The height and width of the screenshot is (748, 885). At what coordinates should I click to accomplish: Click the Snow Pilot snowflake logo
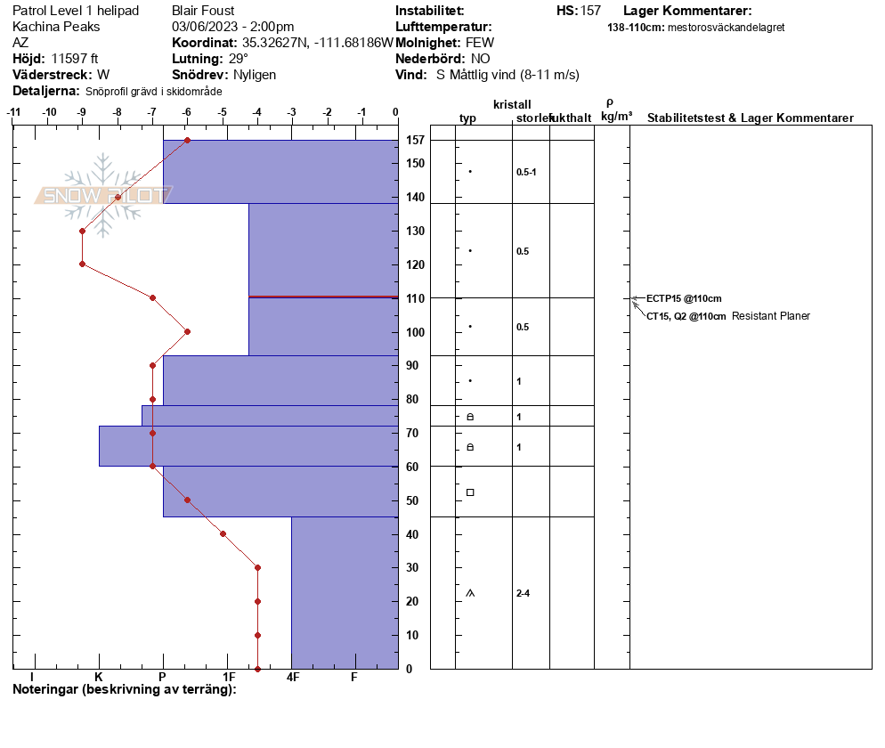[x=102, y=195]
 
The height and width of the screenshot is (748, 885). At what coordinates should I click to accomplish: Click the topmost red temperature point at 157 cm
[x=187, y=140]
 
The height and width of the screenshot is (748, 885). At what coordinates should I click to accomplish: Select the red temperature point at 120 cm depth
[x=83, y=264]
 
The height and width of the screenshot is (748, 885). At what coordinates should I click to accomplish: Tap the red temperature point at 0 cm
[x=258, y=669]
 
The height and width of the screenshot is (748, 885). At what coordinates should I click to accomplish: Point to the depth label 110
[x=416, y=298]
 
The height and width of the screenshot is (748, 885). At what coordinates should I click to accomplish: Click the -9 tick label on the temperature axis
[x=82, y=112]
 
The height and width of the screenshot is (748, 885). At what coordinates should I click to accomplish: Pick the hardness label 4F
[x=293, y=677]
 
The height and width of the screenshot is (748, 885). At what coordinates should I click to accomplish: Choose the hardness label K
[x=99, y=677]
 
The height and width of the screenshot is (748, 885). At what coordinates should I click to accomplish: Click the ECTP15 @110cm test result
[x=684, y=298]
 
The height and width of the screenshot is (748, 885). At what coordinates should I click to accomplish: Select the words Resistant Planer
[x=770, y=316]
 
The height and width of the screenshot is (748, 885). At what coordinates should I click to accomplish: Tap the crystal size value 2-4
[x=523, y=593]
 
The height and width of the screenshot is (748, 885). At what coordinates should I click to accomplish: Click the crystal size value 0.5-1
[x=526, y=172]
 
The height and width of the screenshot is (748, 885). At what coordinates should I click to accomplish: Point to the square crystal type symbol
[x=470, y=492]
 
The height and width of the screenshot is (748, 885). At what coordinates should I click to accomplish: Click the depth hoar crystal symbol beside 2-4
[x=470, y=593]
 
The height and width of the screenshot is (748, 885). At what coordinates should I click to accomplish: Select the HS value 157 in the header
[x=590, y=11]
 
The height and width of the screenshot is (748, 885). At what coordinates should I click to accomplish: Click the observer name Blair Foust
[x=203, y=11]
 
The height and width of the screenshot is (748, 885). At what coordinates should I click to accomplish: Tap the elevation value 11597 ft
[x=75, y=59]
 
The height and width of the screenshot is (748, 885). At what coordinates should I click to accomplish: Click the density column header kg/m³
[x=616, y=117]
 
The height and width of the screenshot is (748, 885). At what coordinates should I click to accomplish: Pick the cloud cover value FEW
[x=480, y=43]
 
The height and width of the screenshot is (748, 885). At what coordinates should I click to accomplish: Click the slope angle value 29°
[x=239, y=59]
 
